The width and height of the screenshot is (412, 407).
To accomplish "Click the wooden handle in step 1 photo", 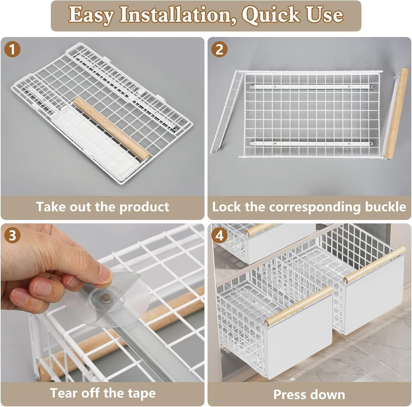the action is [x=112, y=128].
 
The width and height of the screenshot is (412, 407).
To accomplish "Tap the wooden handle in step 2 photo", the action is [x=395, y=113].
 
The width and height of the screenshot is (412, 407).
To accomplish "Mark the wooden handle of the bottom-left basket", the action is [x=299, y=305].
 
